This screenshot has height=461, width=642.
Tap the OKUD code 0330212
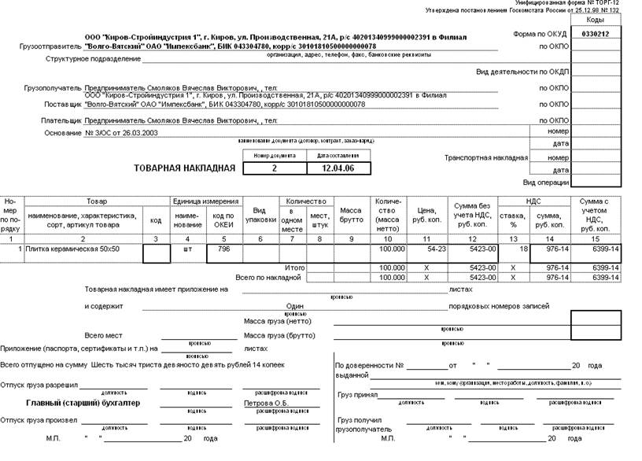tap(595, 35)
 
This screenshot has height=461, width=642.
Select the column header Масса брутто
tap(350, 216)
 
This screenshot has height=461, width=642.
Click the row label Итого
tap(295, 268)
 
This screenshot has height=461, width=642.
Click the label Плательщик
tap(61, 120)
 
